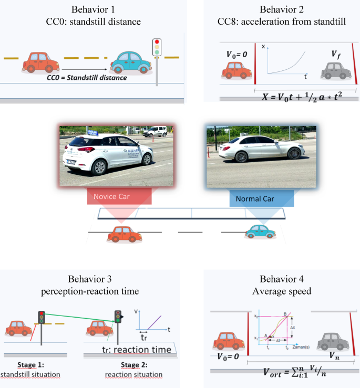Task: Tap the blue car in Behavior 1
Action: tap(129, 62)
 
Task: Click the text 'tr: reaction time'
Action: tap(136, 349)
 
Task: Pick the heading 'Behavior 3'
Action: tap(89, 279)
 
